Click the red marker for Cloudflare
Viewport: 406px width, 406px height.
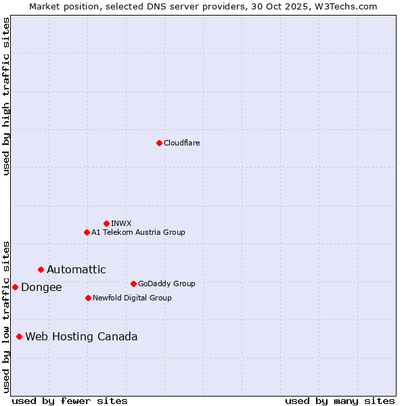(159, 143)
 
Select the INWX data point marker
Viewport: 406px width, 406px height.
(106, 223)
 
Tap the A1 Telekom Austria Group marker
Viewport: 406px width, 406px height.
(87, 232)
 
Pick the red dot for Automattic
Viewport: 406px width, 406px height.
(41, 269)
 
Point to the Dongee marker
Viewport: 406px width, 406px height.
(15, 287)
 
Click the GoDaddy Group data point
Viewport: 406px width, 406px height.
(133, 284)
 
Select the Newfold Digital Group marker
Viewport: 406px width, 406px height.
(88, 298)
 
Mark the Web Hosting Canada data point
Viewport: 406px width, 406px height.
(19, 336)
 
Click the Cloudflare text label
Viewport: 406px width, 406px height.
(181, 143)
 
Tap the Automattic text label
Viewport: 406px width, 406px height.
(76, 269)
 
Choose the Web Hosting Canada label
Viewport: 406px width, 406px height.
(81, 336)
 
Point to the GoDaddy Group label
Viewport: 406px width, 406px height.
(166, 284)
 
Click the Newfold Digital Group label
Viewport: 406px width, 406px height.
(132, 298)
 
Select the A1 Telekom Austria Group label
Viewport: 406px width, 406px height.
(138, 232)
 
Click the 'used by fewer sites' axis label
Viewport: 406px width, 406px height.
(70, 401)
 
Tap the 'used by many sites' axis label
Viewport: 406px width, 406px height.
(340, 401)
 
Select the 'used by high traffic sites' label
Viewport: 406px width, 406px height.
(6, 96)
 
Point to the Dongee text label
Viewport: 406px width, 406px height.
(41, 287)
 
